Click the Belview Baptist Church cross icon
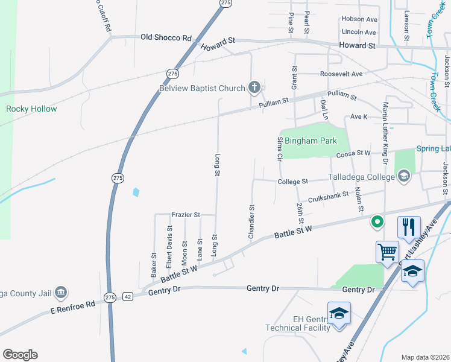[254, 88]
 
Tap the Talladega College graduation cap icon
[403, 177]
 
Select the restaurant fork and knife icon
[409, 227]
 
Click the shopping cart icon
[386, 251]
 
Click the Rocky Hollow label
[31, 109]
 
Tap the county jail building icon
[60, 293]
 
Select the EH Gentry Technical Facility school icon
[339, 313]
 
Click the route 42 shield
[128, 297]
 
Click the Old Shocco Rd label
[166, 37]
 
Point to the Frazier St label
[186, 214]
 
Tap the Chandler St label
[251, 221]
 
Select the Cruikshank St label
[329, 195]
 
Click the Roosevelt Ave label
[341, 74]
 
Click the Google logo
[20, 355]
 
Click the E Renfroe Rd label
[74, 306]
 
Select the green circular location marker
[377, 222]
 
